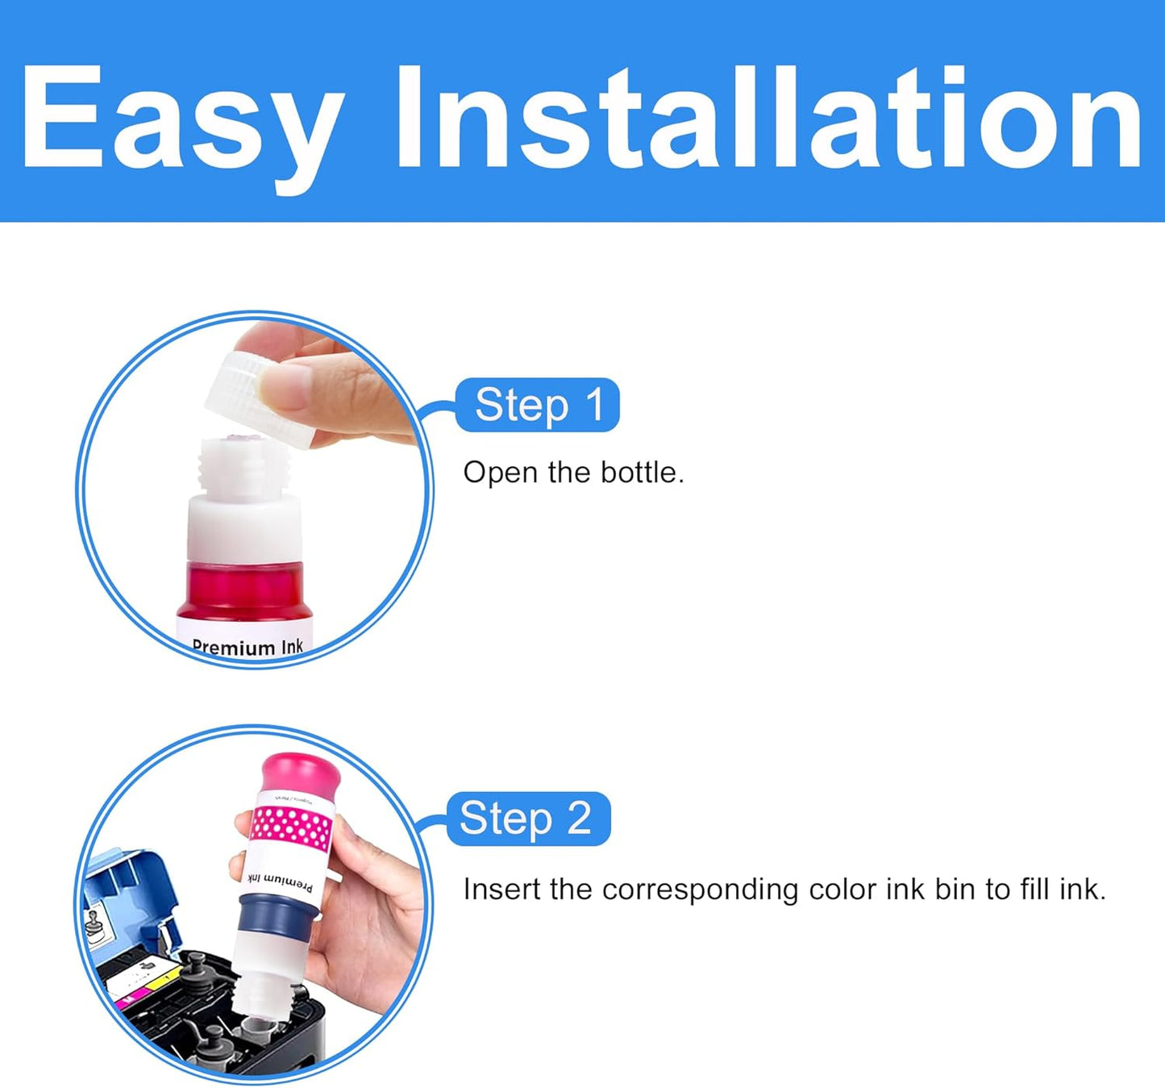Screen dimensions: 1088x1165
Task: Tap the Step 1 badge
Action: (x=538, y=405)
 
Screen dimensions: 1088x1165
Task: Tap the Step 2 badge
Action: (x=528, y=819)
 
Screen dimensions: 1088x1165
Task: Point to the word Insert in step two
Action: (x=501, y=890)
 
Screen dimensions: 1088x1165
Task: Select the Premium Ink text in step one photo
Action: (x=248, y=647)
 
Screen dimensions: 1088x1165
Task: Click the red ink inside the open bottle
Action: (x=244, y=593)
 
